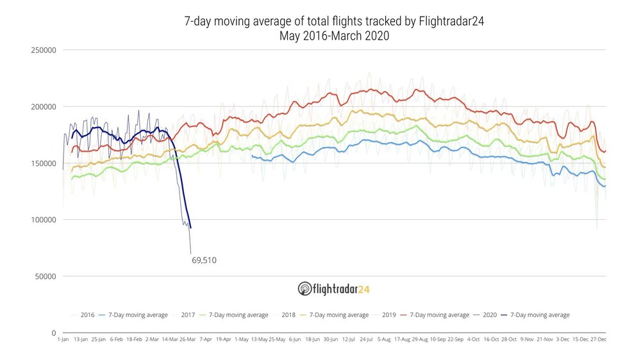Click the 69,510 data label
(x=204, y=260)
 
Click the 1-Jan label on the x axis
(x=63, y=339)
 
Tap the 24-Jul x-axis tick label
(x=367, y=339)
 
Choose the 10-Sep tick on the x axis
(x=438, y=339)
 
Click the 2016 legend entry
(x=88, y=315)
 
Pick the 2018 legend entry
(x=288, y=315)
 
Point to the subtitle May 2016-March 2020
(x=334, y=36)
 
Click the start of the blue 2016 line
(x=251, y=156)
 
